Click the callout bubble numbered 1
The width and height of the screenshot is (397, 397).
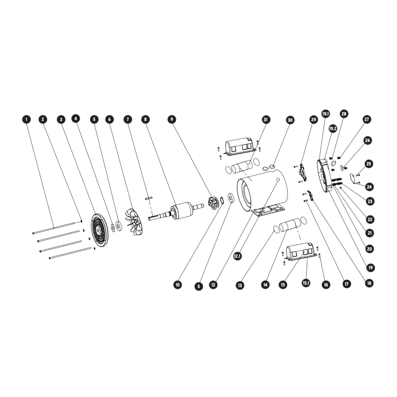point(26,119)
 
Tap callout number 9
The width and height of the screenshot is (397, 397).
point(172,119)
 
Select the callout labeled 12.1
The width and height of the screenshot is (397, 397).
point(237,256)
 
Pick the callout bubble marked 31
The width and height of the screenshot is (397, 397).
point(265,119)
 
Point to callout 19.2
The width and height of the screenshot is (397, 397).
point(333,128)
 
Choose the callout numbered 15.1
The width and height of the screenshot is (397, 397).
point(306,283)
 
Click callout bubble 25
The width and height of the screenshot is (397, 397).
point(369,164)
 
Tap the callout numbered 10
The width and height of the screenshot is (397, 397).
point(177,285)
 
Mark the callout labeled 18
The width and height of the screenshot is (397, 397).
point(369,283)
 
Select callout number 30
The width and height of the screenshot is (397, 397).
point(290,120)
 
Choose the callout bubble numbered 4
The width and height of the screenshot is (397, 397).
point(76,118)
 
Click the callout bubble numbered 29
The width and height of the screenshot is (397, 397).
point(314,119)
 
